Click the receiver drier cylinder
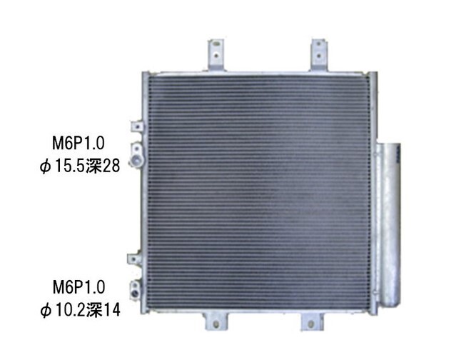tap(389, 214)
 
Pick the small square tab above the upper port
tap(134, 126)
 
